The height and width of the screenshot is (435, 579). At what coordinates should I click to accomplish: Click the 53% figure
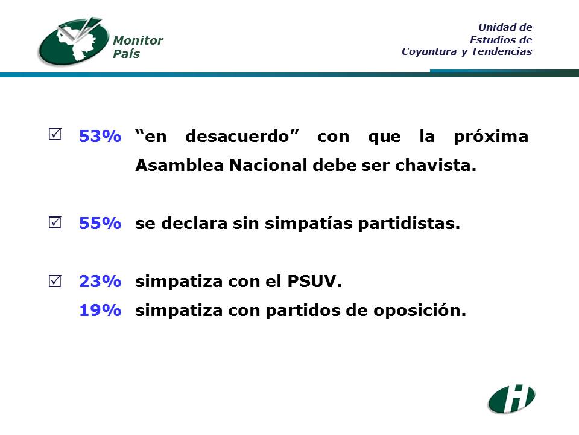tap(100, 136)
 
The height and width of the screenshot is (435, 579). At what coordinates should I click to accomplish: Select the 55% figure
tap(100, 223)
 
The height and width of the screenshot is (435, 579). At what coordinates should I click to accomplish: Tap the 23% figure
tap(100, 281)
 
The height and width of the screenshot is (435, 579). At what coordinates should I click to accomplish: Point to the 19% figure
tap(100, 310)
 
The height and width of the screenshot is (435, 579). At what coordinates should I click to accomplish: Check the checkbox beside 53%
tap(55, 134)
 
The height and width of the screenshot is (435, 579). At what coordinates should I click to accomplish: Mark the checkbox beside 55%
tap(55, 222)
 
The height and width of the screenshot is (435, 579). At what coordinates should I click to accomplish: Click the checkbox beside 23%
tap(55, 281)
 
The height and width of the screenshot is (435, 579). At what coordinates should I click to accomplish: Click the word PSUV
tap(312, 281)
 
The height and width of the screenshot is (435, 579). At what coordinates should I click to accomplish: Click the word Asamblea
tap(180, 165)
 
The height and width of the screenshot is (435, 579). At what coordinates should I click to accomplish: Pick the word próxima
tap(491, 136)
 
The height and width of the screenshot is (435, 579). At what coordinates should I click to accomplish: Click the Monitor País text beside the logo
tap(138, 47)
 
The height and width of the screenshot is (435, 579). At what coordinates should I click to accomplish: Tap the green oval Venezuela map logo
tap(74, 41)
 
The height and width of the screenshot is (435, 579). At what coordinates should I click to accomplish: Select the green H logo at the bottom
tap(511, 399)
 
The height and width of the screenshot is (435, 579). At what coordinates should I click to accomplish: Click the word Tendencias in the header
tap(501, 51)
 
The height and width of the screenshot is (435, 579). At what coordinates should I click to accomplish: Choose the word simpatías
tap(309, 224)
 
